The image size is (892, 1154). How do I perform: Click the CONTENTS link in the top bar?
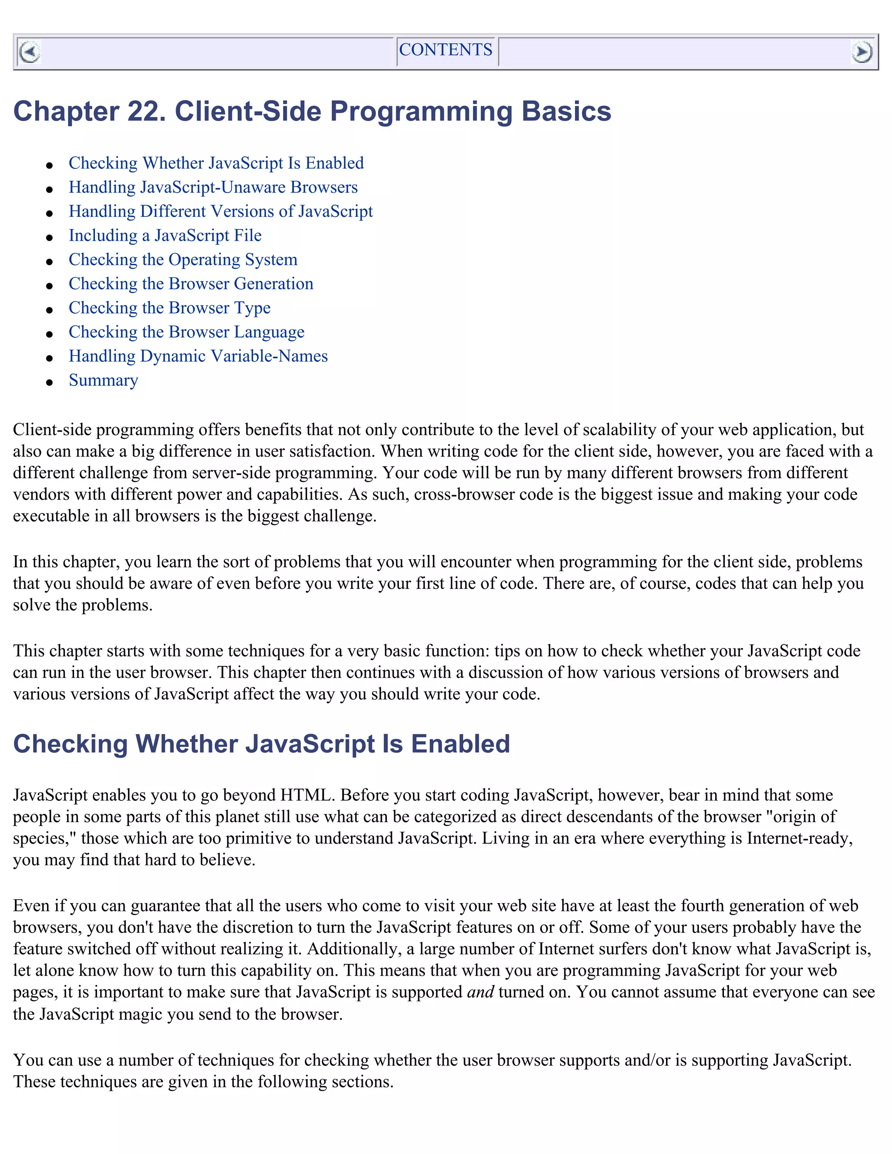tap(446, 50)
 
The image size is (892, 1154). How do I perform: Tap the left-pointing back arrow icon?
tap(29, 52)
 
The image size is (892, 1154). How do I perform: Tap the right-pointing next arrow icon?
tap(862, 52)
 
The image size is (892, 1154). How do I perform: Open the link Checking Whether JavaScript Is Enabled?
tap(216, 163)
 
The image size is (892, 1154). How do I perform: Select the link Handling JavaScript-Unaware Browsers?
tap(213, 187)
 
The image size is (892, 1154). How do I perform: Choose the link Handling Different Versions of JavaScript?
tap(220, 211)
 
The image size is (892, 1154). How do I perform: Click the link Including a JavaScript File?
tap(165, 235)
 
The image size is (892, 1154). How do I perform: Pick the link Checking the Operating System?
tap(183, 260)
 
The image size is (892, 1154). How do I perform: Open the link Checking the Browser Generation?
tap(191, 284)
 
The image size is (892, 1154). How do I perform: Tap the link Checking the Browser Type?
tap(169, 307)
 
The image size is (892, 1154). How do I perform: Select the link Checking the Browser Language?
tap(186, 332)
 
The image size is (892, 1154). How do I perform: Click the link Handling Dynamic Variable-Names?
tap(198, 356)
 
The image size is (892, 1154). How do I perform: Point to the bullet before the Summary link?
tap(50, 382)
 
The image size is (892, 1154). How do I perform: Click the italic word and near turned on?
tap(480, 992)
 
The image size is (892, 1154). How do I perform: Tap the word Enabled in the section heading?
tap(460, 743)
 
